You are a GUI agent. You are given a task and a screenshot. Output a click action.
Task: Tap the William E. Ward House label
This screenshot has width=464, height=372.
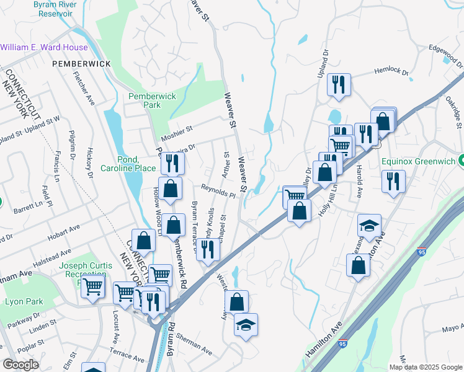[x=44, y=47]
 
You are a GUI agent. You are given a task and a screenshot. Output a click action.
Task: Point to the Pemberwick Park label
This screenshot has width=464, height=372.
[x=152, y=101]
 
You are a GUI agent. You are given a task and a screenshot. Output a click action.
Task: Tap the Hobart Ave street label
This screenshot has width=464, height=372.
[x=65, y=228]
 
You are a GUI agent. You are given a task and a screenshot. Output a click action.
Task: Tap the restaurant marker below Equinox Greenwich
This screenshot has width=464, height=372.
[x=393, y=181]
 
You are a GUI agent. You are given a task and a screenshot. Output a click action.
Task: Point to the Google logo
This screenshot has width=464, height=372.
[x=20, y=365]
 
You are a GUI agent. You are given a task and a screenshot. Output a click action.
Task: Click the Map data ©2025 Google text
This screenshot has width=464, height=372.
[x=425, y=367]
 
